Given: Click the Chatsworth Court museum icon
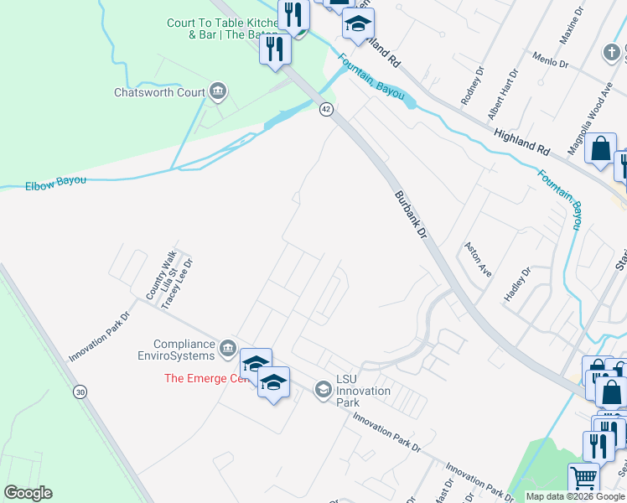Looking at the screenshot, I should (218, 91).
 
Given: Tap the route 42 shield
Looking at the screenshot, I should (326, 109).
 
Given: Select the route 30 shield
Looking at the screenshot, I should (80, 392).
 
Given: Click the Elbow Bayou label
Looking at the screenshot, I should (56, 183).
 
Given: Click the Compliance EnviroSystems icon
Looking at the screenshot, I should (227, 348).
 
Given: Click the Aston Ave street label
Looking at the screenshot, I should (478, 261).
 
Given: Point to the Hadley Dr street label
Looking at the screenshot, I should (518, 284).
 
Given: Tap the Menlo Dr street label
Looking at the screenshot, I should (552, 60).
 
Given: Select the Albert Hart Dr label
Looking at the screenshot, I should (504, 95).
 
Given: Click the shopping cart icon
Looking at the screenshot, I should (583, 479).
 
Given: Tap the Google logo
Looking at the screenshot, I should (28, 493).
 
